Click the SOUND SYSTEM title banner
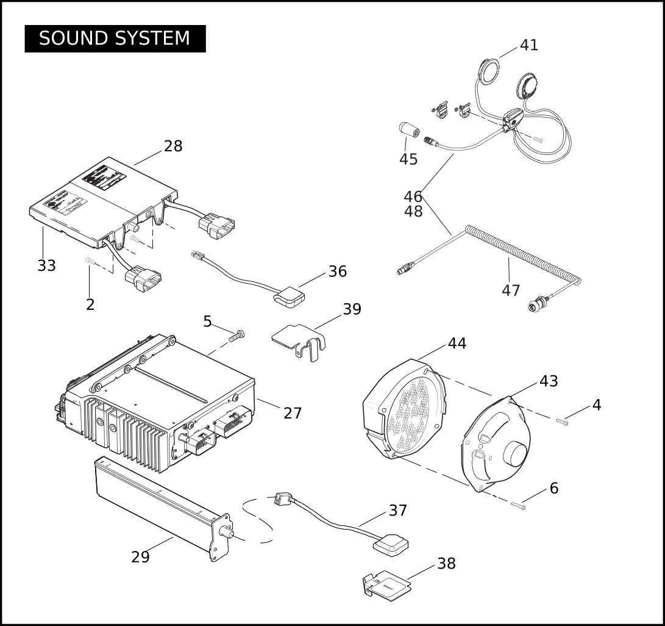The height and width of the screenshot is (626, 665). [115, 38]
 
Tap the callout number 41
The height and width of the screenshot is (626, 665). [528, 45]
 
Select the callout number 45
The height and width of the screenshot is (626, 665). [408, 159]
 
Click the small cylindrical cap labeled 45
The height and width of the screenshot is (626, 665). [407, 130]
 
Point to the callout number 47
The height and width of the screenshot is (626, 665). [511, 290]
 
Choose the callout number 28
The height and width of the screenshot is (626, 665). [173, 146]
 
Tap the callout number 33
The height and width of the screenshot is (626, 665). [46, 266]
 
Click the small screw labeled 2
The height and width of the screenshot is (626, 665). [89, 261]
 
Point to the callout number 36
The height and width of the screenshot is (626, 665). [337, 272]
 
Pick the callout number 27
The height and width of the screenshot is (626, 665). [293, 413]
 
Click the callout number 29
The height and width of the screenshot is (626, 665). [140, 557]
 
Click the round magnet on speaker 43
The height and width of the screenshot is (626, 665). [515, 456]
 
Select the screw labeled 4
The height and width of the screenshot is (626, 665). [562, 421]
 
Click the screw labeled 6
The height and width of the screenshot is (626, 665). [517, 505]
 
